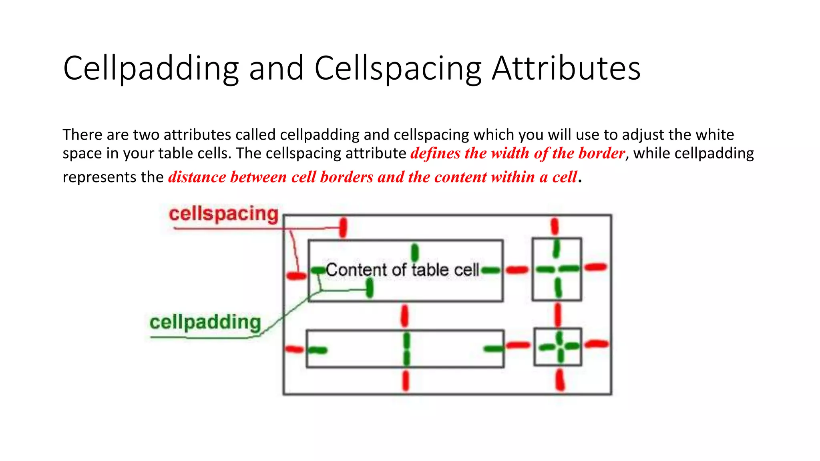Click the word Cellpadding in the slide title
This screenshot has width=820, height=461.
coord(151,69)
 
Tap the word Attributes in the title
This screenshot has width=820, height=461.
coord(566,69)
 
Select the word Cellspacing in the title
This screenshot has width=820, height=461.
coord(398,69)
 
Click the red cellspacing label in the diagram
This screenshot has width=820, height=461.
coord(223,214)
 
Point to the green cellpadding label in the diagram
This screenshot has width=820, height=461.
coord(205,322)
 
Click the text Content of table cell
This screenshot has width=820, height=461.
coord(402,270)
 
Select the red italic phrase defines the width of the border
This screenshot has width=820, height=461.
coord(518,153)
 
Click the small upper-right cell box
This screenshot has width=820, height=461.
coord(557,269)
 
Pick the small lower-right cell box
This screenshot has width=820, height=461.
coord(558,347)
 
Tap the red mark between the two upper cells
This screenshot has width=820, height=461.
coord(517,270)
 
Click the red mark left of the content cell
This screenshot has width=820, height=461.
coord(296,276)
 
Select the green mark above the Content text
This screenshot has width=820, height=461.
coord(415,253)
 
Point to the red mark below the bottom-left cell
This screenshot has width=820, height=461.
coord(406,381)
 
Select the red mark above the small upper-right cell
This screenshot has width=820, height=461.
coord(555,226)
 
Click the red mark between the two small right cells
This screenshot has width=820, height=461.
coord(557,315)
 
